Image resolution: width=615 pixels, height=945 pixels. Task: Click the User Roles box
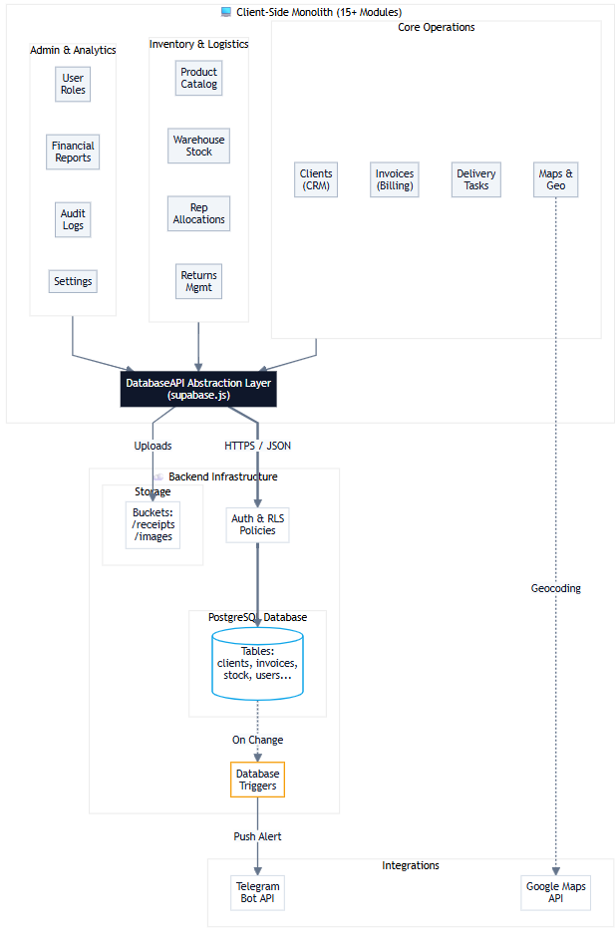73,84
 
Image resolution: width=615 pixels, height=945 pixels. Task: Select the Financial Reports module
73,152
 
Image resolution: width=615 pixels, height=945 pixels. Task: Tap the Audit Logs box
73,219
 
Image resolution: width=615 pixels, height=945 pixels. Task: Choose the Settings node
73,281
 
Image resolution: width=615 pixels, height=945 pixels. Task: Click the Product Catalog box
198,78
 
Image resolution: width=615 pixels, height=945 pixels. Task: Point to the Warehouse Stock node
198,146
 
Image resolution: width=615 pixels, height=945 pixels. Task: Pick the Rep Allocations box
198,213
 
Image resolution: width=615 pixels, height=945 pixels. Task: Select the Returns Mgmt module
198,281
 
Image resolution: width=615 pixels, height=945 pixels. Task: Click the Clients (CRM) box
316,179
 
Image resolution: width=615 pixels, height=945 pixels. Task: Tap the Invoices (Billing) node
395,179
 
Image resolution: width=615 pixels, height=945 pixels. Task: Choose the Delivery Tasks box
475,179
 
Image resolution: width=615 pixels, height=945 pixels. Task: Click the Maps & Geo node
555,179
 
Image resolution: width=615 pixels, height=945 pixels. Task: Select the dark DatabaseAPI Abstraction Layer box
198,389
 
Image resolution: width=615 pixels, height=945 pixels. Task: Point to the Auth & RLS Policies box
257,524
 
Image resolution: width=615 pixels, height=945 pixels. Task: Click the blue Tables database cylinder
257,663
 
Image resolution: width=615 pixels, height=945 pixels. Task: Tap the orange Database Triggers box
257,780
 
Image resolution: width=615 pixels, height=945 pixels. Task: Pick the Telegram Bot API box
257,892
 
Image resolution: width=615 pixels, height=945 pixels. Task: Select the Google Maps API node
555,892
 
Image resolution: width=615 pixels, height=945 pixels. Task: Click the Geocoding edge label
555,588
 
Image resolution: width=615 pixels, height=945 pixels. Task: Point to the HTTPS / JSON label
257,446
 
